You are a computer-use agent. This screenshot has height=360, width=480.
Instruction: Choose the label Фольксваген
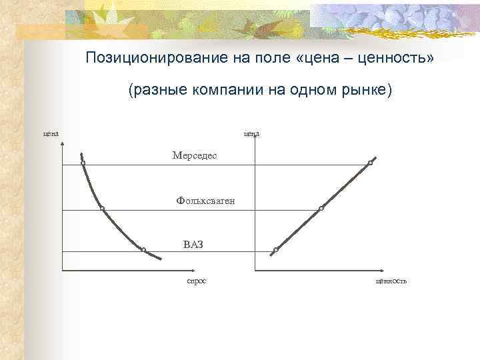coord(205,200)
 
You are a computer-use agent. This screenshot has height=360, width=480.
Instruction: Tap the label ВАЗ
coord(193,244)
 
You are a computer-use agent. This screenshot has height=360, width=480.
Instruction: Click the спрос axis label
coord(196,281)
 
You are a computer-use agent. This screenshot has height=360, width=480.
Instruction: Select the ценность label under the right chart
coord(391,281)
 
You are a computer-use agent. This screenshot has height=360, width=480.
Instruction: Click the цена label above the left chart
coord(51,133)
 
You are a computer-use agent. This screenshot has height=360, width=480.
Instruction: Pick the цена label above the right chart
coord(251,133)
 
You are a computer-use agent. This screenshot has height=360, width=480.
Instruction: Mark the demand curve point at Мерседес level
coord(83,163)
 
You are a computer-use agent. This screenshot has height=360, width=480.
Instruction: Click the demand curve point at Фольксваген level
coord(102,209)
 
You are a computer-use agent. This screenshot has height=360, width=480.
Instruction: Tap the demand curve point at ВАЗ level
coord(143,250)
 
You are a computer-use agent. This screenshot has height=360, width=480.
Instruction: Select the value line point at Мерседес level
coord(370,163)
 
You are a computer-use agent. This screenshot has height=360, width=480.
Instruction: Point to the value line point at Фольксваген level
coord(321,209)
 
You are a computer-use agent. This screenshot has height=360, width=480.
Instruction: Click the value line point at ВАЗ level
coord(275,251)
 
